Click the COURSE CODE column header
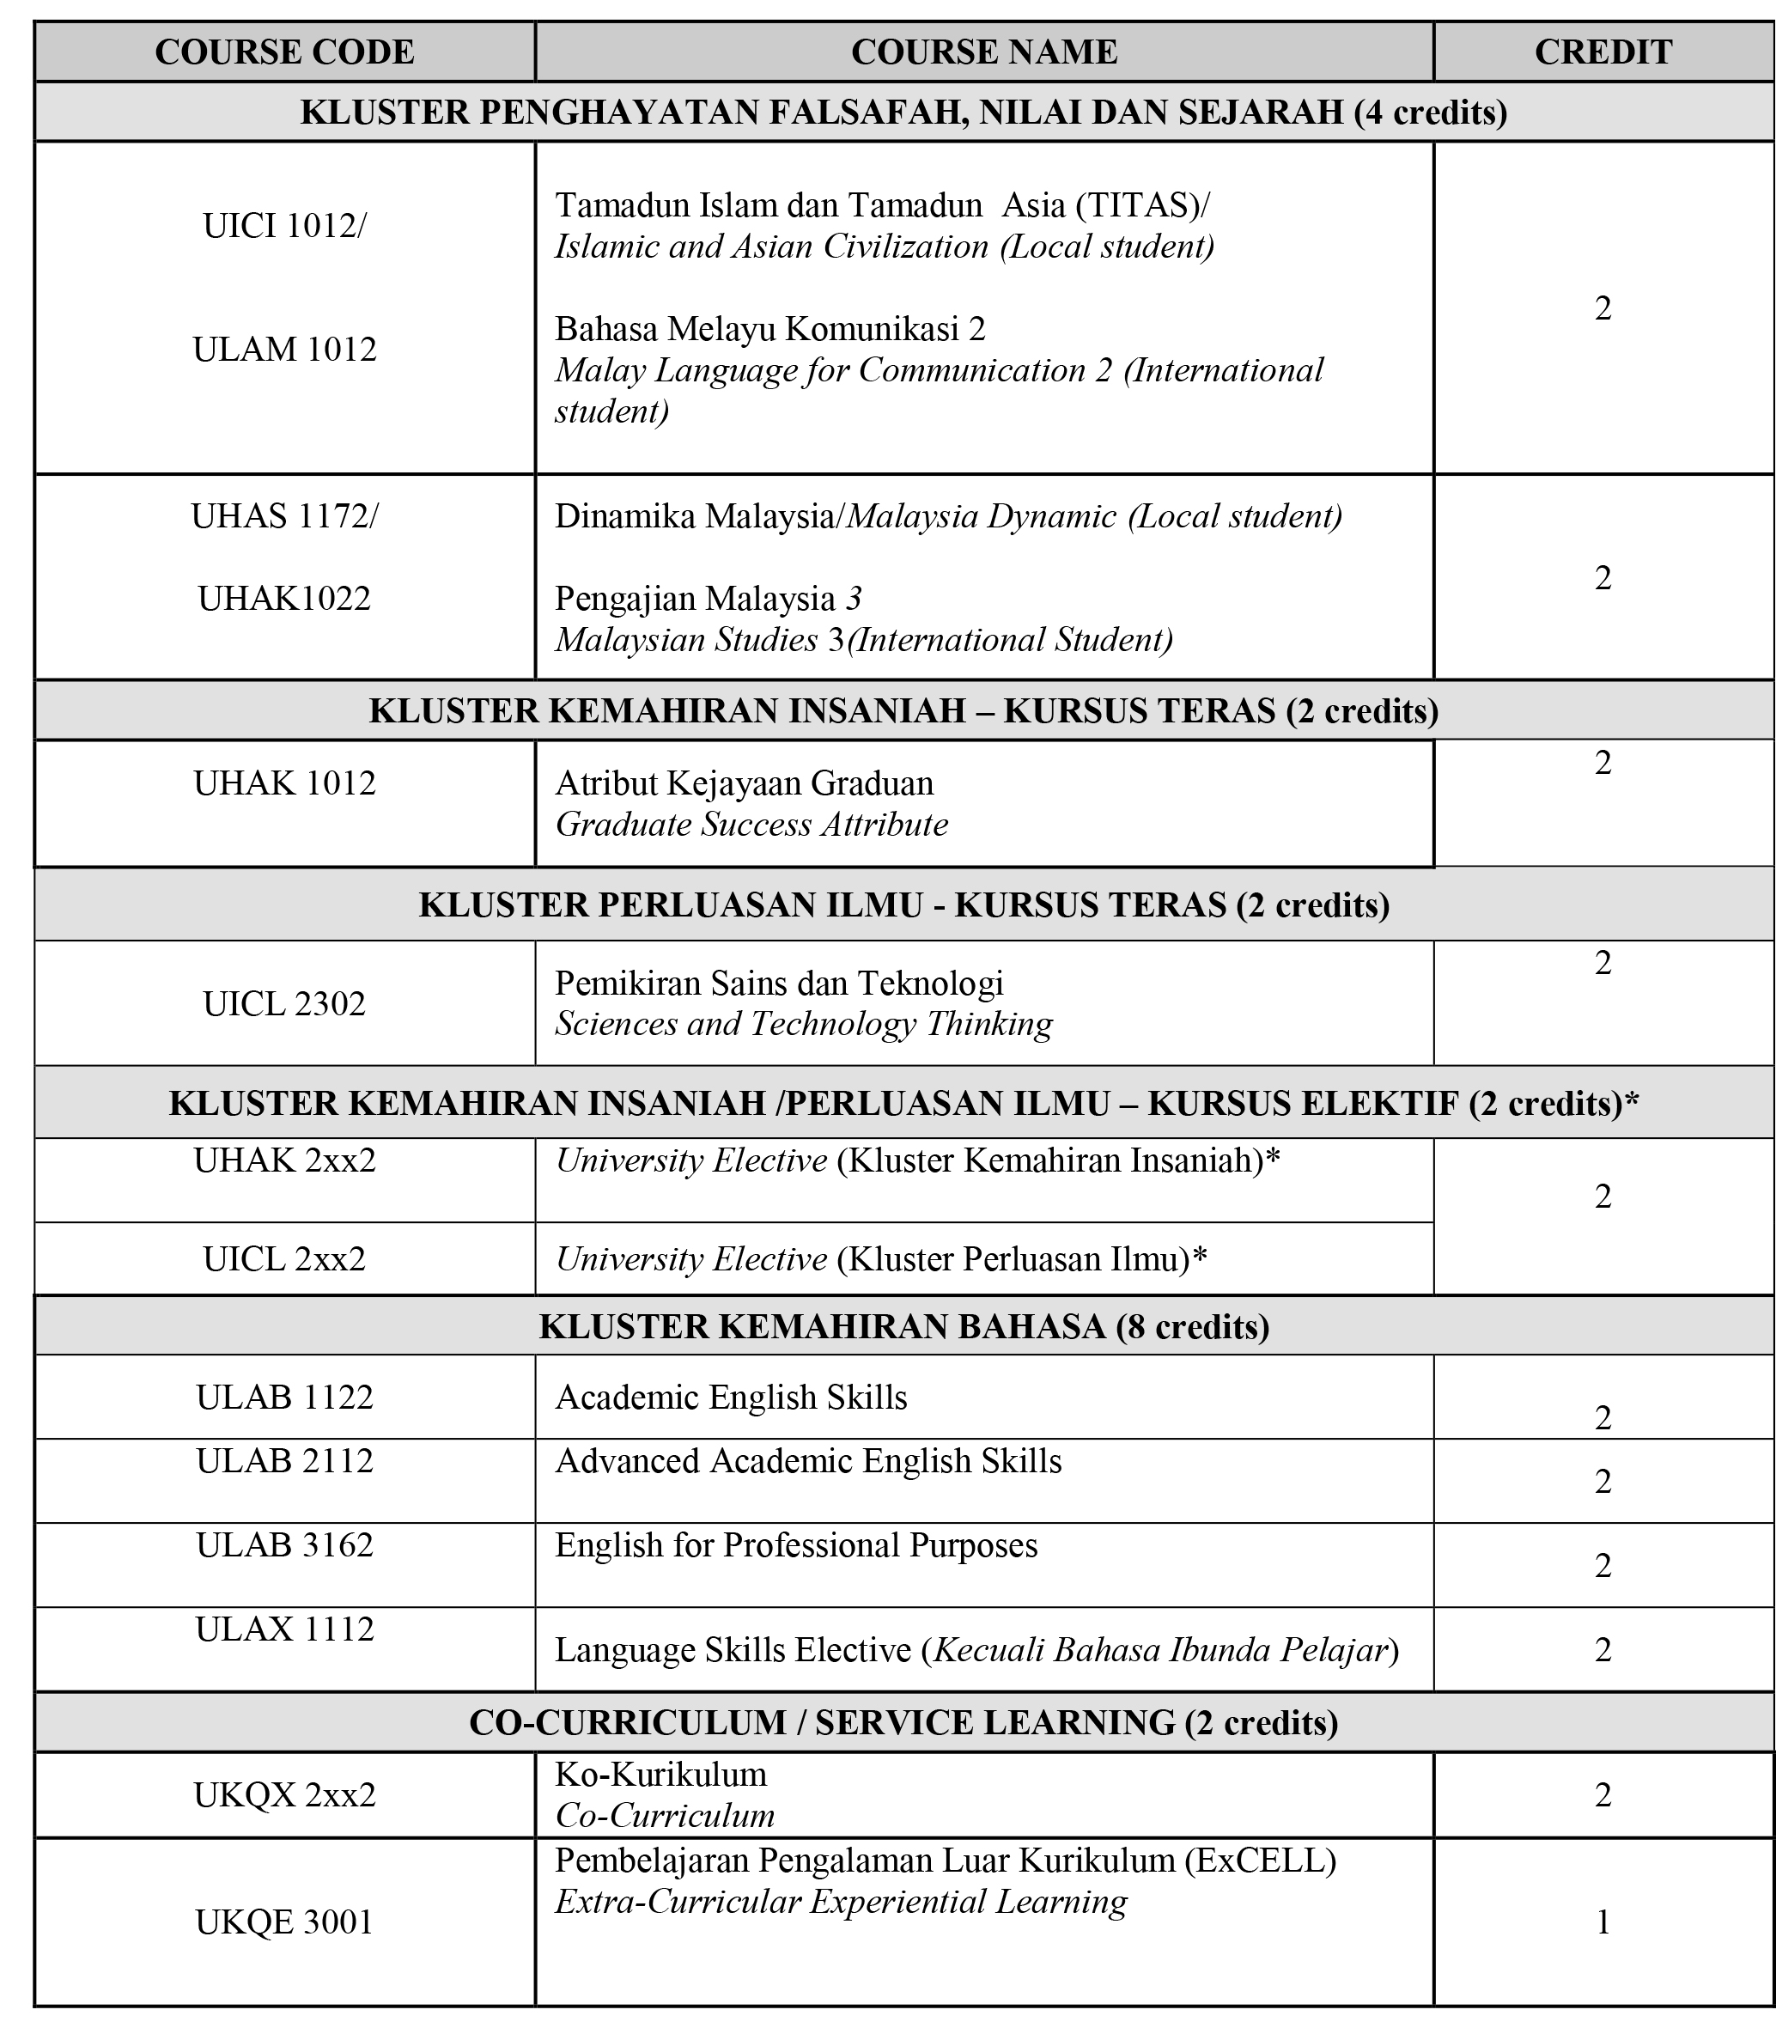284,52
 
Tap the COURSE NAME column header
983,52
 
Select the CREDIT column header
1603,52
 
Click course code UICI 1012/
284,227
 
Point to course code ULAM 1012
284,350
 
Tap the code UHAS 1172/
284,516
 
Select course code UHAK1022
284,599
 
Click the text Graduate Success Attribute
751,825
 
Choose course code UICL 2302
284,1004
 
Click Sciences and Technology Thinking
803,1024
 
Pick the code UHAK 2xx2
284,1160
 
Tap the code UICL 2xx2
284,1259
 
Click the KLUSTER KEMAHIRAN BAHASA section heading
903,1326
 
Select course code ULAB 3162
284,1545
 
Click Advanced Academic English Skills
808,1461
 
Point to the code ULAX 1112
284,1629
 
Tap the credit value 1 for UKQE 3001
1603,1922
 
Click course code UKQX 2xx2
284,1795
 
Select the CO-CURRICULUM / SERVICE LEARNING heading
903,1723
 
